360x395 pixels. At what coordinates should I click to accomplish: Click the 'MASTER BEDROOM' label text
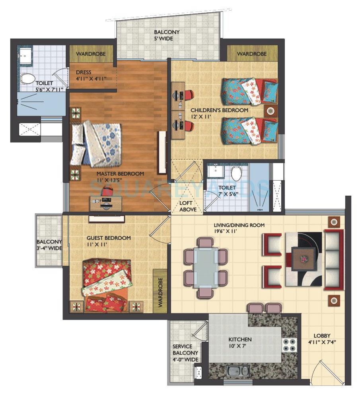coord(120,174)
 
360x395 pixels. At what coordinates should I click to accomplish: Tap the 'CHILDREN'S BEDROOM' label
coord(219,110)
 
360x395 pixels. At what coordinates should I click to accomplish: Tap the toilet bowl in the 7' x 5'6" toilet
coord(236,173)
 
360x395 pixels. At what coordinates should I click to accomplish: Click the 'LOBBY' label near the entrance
coord(321,335)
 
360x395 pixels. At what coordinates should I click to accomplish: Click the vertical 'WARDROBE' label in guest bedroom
coord(161,293)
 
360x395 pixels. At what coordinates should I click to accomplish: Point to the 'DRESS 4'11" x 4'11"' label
coord(91,76)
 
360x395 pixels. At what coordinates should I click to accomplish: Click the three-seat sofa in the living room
coord(333,259)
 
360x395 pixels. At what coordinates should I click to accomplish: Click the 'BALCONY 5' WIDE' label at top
coord(167,35)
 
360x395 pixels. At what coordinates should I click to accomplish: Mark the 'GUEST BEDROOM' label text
coord(109,238)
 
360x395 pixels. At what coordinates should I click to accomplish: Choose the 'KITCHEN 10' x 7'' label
coord(239,343)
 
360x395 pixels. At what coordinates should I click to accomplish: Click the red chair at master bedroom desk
coord(106,192)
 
